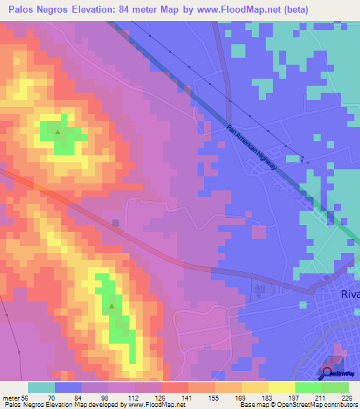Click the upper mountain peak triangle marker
pos(58,131)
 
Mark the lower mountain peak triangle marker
pos(112,306)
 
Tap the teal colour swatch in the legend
pos(41,387)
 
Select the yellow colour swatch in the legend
pos(281,387)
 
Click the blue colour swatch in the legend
pos(68,387)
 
